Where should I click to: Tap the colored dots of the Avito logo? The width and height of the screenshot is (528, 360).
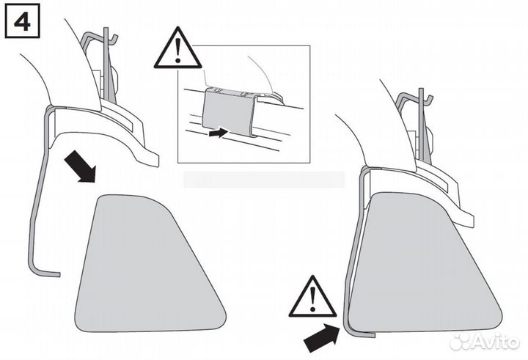coord(461,341)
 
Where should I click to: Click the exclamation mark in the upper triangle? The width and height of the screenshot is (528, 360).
coord(177,51)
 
